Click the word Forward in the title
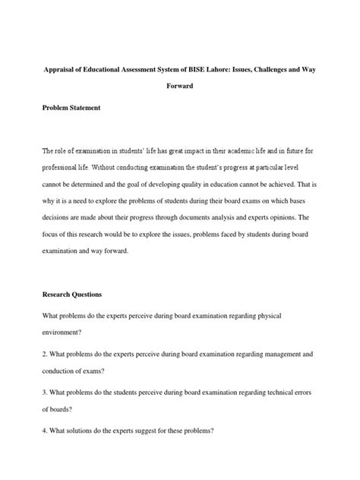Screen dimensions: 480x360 tap(180, 86)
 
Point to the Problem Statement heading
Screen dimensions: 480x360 tap(72, 108)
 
